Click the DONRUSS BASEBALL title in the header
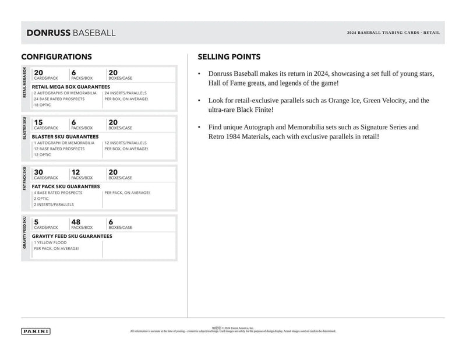pos(71,33)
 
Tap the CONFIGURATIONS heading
pos(57,57)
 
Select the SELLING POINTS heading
pos(229,57)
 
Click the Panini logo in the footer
pos(36,331)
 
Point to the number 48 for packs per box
pos(77,221)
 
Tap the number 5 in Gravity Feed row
pos(36,221)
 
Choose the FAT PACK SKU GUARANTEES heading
pos(66,186)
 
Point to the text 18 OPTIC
pos(43,105)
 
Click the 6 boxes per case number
pos(111,221)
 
